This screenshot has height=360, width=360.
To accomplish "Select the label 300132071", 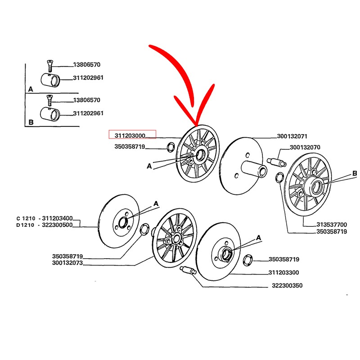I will [292, 136].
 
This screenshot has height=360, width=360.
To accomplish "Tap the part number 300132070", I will [305, 147].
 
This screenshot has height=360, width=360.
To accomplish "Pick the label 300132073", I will [67, 263].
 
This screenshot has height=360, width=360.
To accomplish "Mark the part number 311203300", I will [283, 272].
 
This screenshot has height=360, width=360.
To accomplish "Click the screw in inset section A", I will [49, 66].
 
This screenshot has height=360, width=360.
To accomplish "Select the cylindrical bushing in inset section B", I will [50, 114].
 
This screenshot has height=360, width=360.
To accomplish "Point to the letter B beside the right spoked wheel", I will [354, 173].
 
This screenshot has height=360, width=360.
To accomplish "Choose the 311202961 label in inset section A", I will [88, 78].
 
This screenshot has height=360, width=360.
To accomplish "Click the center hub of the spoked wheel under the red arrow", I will [199, 155].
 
